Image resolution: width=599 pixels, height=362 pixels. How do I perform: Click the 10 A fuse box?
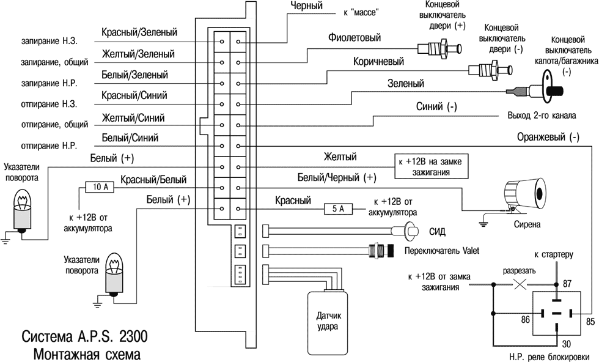tap(97, 187)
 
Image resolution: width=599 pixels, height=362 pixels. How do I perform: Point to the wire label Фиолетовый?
tap(355, 38)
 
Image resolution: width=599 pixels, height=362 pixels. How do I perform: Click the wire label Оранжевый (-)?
tap(548, 137)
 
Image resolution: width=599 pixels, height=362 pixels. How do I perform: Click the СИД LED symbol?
tap(408, 231)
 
